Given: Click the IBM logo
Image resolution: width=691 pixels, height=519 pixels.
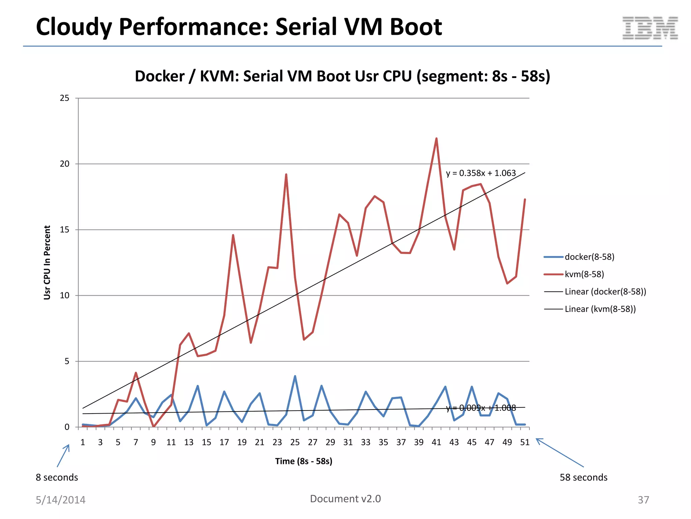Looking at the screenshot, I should (650, 28).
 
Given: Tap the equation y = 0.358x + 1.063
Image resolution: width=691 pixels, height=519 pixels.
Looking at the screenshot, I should (480, 173).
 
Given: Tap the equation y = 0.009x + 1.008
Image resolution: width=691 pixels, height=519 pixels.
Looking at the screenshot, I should (480, 408).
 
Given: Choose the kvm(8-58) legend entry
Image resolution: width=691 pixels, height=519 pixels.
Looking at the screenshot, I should (584, 274).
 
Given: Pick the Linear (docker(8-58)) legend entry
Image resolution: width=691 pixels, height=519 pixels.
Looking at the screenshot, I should (605, 292).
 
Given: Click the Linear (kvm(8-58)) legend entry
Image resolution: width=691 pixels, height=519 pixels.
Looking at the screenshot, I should (600, 309).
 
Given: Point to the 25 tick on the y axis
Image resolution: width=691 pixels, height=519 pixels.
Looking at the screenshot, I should (64, 98).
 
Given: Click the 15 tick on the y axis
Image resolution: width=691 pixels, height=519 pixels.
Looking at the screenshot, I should (64, 230).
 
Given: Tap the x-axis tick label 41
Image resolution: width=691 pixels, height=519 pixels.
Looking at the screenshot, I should (436, 442).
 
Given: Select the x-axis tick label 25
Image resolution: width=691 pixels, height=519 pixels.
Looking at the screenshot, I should (295, 442).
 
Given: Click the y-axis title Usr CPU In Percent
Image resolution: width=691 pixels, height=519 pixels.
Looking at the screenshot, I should (47, 263).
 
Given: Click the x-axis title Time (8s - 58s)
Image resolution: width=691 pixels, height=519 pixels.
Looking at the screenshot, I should (304, 461).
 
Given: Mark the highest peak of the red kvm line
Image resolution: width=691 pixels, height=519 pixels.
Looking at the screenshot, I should (436, 139).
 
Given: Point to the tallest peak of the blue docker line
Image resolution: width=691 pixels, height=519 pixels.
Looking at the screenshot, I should (295, 376).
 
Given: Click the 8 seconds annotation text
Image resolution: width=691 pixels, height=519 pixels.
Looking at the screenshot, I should (57, 477).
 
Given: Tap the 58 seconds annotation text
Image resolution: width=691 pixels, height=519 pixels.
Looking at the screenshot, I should (583, 477).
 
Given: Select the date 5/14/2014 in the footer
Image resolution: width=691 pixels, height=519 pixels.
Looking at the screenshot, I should (61, 500).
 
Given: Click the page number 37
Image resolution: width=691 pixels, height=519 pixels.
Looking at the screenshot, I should (643, 500).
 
